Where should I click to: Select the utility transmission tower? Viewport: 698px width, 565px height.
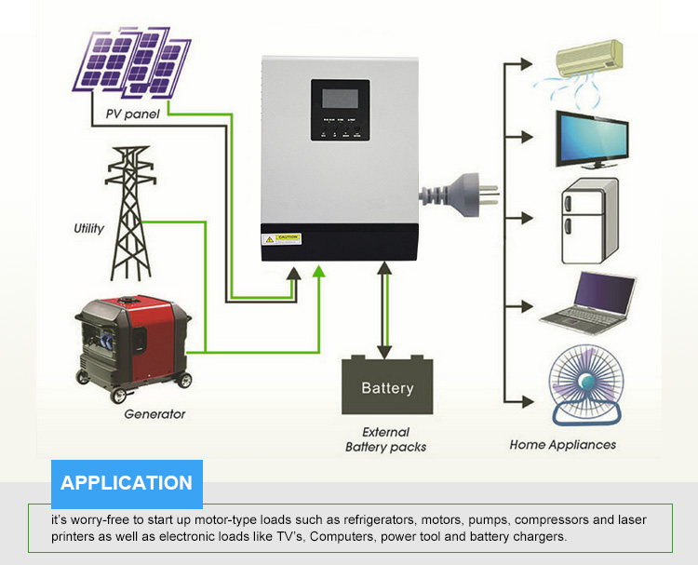pos(129,213)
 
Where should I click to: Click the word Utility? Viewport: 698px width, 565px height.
pos(89,228)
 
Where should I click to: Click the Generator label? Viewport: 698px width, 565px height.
pos(155,414)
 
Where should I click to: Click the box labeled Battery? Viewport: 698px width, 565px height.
pos(387,387)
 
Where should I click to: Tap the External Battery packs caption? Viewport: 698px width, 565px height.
pos(385,439)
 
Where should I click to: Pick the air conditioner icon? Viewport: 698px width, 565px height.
pos(588,61)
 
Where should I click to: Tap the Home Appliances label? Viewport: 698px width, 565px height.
pos(563,445)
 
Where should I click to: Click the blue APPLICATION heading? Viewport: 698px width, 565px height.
pos(127,483)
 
